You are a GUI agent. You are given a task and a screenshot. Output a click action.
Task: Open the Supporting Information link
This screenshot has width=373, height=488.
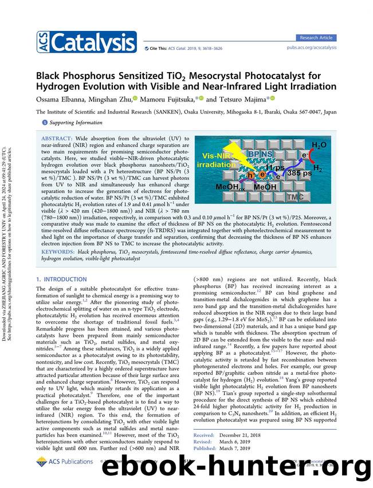65,123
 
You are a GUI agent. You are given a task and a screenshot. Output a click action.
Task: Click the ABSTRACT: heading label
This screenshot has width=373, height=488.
57,139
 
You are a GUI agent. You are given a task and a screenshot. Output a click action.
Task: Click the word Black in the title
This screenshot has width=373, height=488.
53,75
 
